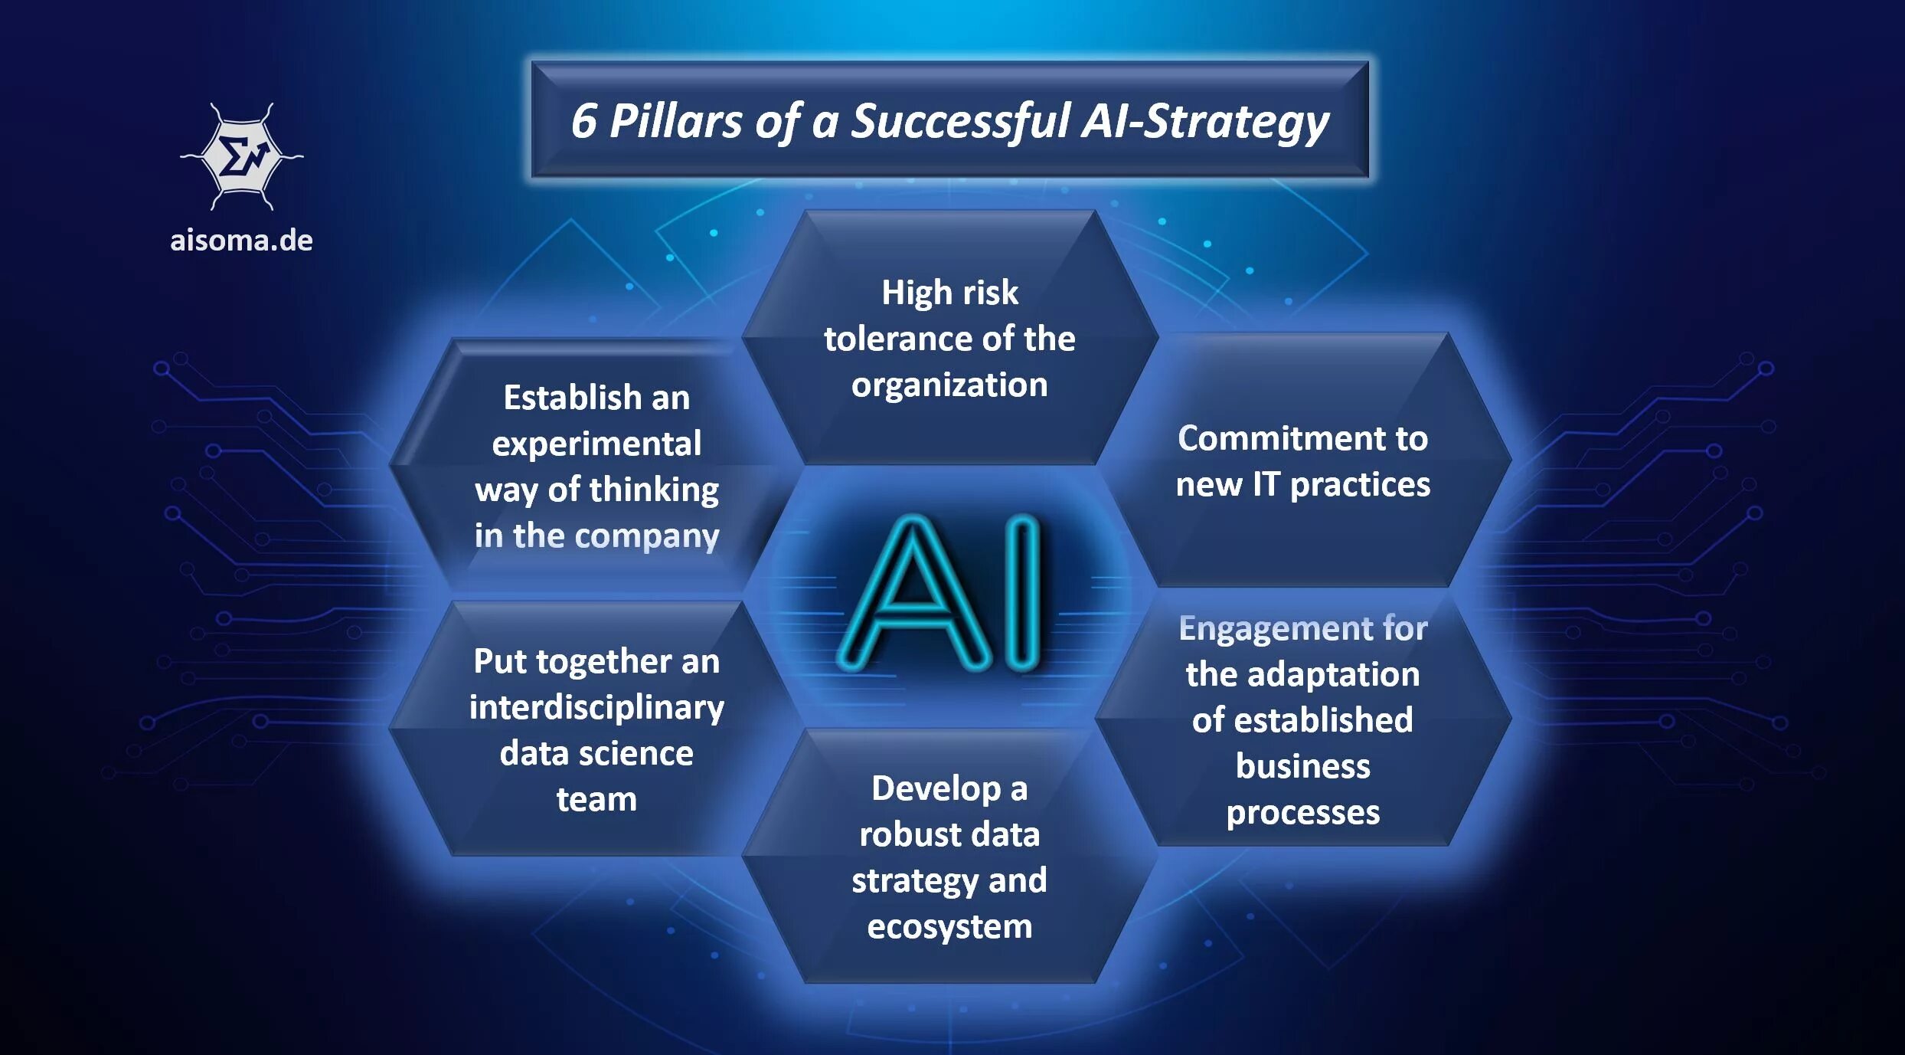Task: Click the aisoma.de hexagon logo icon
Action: pyautogui.click(x=242, y=157)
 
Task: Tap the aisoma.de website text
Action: pyautogui.click(x=241, y=241)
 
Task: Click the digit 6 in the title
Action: pyautogui.click(x=583, y=121)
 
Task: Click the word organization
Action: pyautogui.click(x=949, y=385)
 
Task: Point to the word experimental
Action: pyautogui.click(x=596, y=444)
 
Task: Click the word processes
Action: pyautogui.click(x=1302, y=813)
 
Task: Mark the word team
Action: pyautogui.click(x=596, y=800)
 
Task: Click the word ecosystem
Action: pyautogui.click(x=949, y=927)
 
